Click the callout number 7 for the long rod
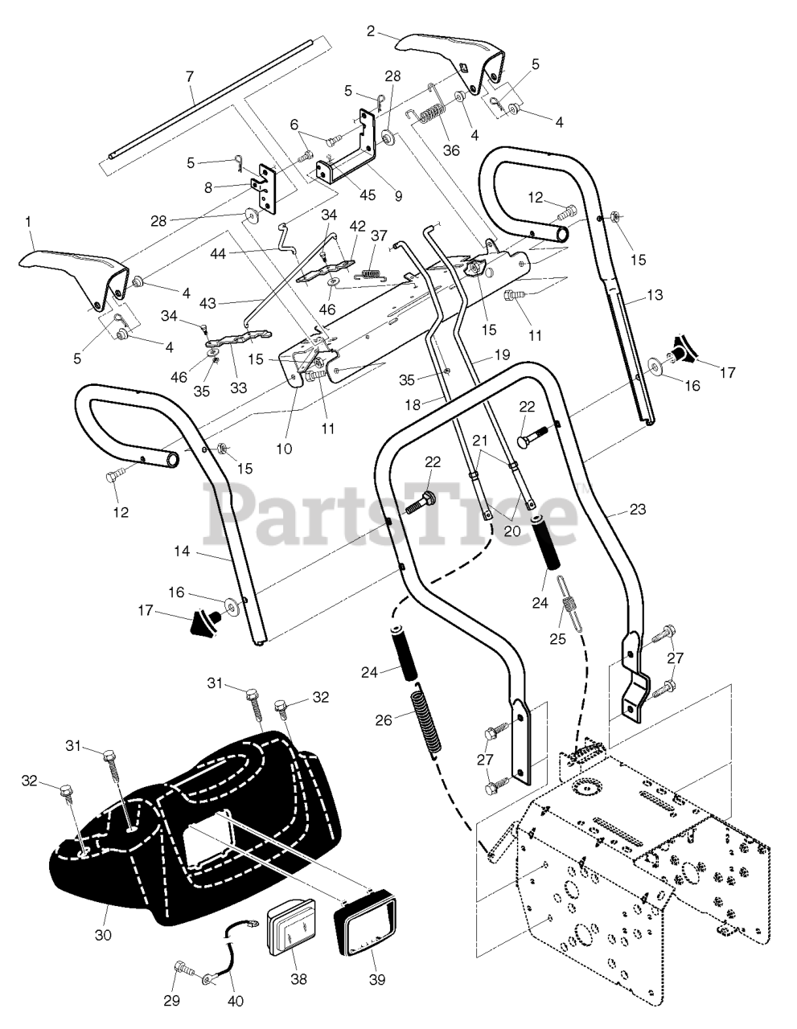pyautogui.click(x=190, y=76)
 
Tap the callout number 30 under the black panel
pyautogui.click(x=103, y=934)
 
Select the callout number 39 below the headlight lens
pyautogui.click(x=376, y=979)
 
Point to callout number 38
pyautogui.click(x=299, y=978)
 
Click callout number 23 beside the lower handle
pyautogui.click(x=638, y=509)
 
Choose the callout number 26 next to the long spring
pyautogui.click(x=384, y=719)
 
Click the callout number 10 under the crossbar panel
pyautogui.click(x=284, y=449)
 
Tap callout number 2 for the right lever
pyautogui.click(x=370, y=31)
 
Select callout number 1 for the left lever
pyautogui.click(x=29, y=222)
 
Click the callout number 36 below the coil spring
pyautogui.click(x=451, y=150)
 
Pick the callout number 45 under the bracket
pyautogui.click(x=367, y=195)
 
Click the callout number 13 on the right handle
pyautogui.click(x=655, y=295)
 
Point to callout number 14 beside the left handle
pyautogui.click(x=182, y=551)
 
